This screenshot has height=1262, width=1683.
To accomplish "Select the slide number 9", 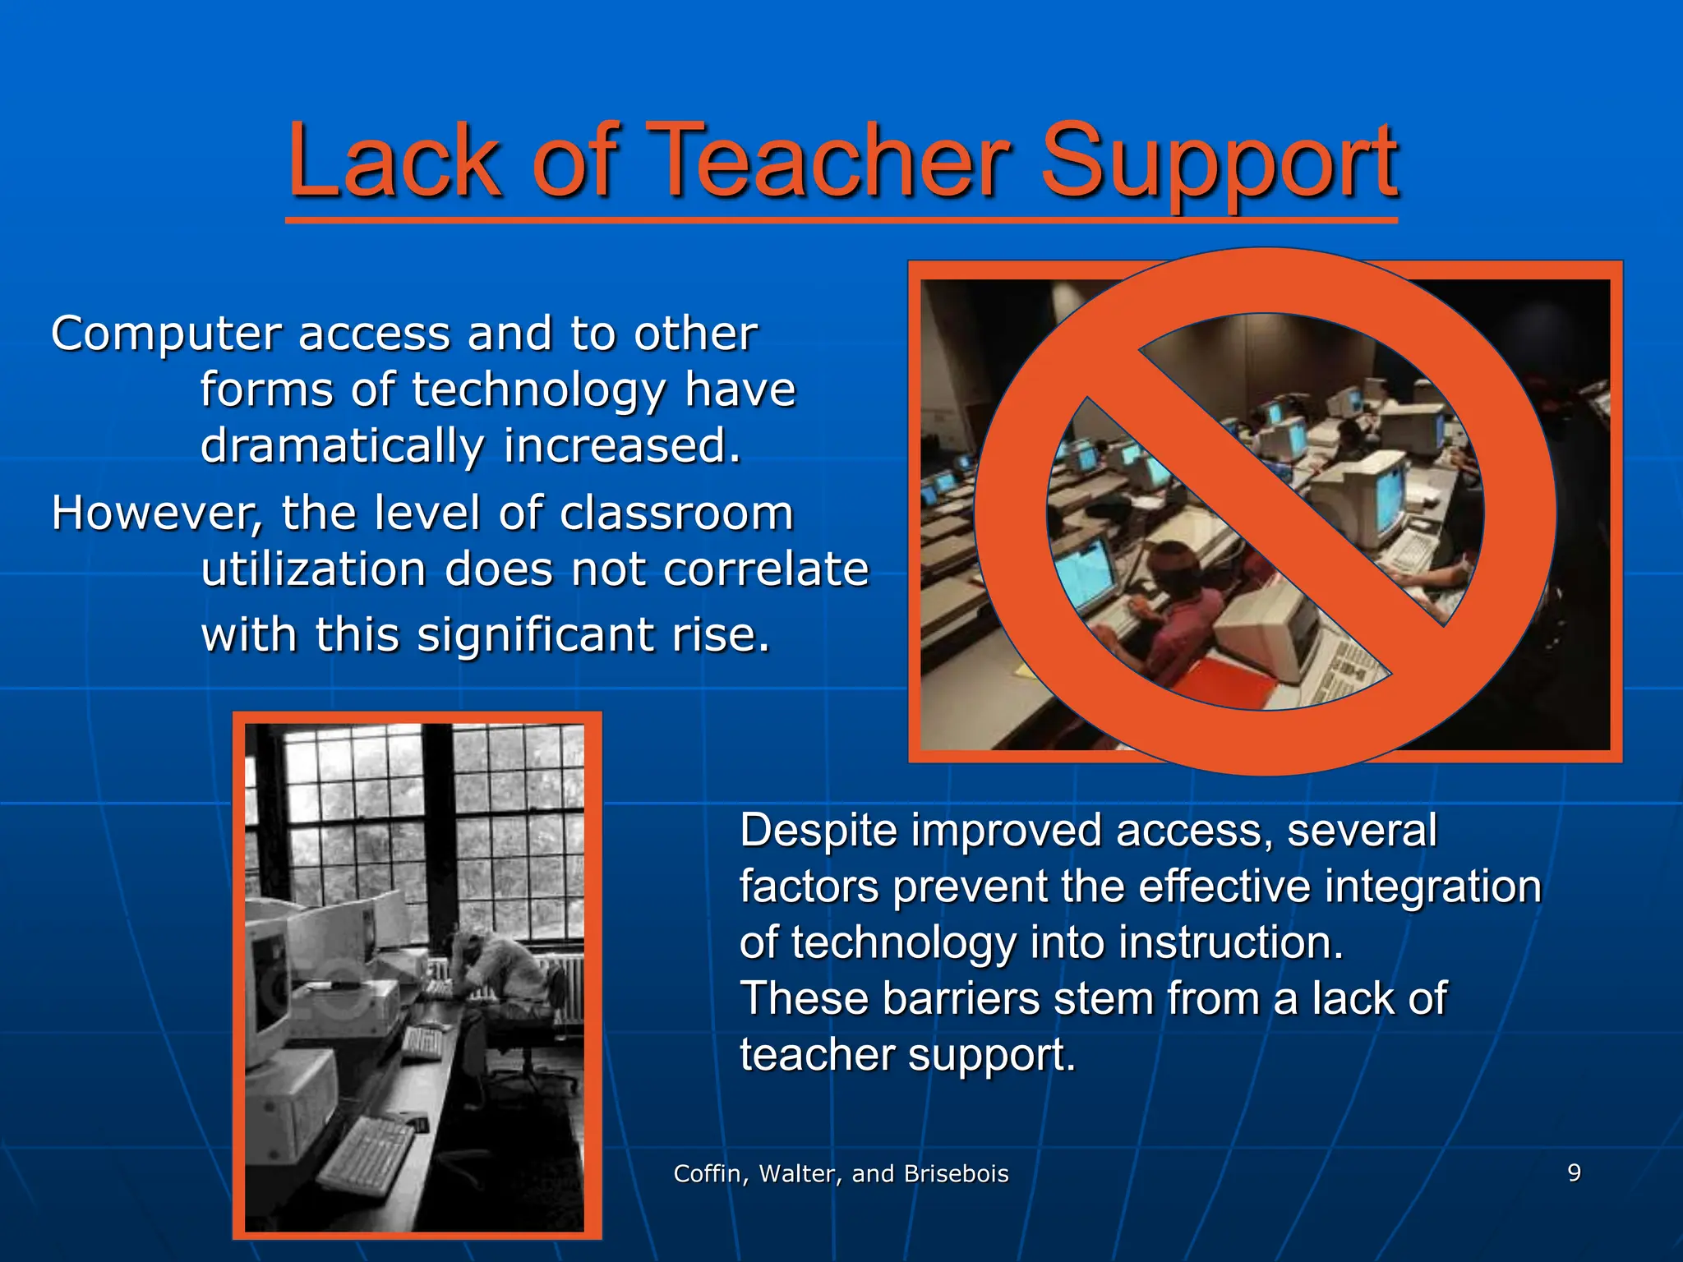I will click(x=1574, y=1172).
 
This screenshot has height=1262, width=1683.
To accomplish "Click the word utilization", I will click(x=313, y=569).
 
